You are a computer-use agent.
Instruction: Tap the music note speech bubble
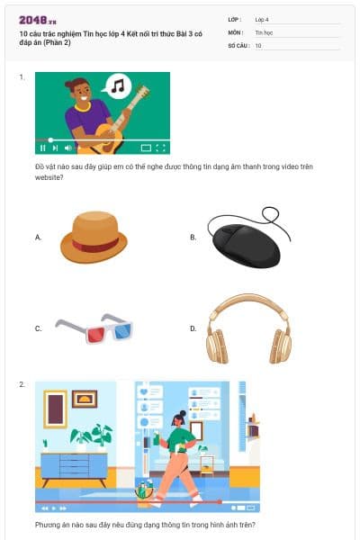[117, 86]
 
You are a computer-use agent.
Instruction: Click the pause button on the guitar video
[42, 147]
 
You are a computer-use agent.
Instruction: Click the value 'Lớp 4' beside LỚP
[262, 19]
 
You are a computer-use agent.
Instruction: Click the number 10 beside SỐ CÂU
[258, 44]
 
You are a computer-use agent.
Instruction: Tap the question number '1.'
[22, 77]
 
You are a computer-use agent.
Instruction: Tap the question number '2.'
[22, 385]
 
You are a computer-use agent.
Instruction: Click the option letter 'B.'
[193, 238]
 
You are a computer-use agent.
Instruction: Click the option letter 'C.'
[39, 328]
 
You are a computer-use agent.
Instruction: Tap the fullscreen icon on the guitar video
[161, 147]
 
